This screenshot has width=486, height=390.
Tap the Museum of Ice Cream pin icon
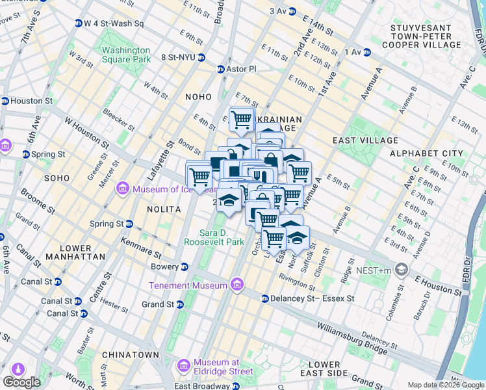tap(122, 189)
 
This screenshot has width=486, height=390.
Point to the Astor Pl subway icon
tap(220, 69)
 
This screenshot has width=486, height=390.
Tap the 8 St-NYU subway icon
tap(201, 57)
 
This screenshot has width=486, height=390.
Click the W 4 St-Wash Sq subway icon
tap(78, 23)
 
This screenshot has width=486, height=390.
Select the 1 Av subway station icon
tap(366, 51)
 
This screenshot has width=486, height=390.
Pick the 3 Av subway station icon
tap(292, 11)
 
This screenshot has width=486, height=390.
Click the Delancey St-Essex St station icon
tap(265, 299)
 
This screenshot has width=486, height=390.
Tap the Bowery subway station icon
tap(185, 266)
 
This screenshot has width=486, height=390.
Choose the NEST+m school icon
tap(402, 269)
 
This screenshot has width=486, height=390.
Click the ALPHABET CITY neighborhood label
tap(426, 153)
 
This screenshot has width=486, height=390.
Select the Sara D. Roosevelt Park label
tap(222, 237)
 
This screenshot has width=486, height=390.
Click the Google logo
tap(21, 382)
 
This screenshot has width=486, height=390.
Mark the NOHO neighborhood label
tap(198, 96)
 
